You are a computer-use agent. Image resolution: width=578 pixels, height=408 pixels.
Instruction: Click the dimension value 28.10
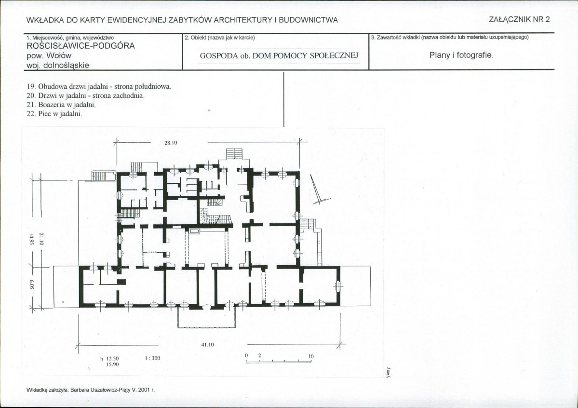coord(171,143)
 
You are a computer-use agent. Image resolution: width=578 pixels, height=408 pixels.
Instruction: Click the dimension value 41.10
coord(207,345)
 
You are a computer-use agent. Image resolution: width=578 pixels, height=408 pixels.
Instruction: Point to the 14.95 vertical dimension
coord(32,239)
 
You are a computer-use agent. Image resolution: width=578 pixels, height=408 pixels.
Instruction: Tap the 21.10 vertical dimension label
coord(41,239)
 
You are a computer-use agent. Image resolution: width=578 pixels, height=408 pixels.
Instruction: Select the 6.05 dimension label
coord(32,285)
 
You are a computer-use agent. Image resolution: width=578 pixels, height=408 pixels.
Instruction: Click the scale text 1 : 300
coord(153,358)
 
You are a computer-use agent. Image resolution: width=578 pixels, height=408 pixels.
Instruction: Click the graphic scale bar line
coord(278,362)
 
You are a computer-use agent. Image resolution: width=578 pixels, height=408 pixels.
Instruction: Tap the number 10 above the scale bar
coord(311,356)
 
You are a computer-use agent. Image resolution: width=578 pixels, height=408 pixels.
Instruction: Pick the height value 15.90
coord(112,365)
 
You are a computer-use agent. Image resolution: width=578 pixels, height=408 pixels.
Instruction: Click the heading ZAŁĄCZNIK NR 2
coord(519,20)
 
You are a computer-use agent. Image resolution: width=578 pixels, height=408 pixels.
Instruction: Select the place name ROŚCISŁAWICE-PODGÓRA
coord(81,46)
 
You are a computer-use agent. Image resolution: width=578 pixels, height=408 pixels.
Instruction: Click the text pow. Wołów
coord(49,56)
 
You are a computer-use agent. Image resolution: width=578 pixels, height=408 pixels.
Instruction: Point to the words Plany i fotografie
coord(461,55)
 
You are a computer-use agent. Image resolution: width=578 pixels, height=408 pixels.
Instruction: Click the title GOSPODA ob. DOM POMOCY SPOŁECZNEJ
coord(279,56)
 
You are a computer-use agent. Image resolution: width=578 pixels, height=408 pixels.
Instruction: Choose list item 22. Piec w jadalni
coord(54,114)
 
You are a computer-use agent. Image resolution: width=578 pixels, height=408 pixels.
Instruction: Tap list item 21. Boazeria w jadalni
coord(61,104)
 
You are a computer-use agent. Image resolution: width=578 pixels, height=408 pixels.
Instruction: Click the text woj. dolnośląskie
coord(58,65)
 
